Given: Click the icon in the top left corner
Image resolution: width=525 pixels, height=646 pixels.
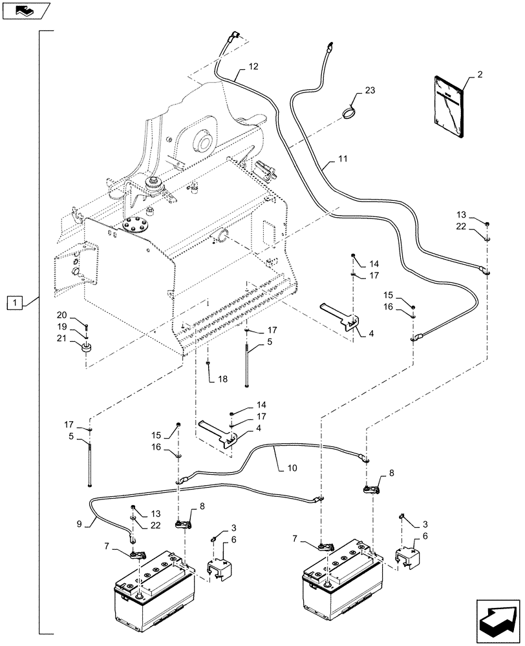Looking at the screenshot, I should pos(26,10).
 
